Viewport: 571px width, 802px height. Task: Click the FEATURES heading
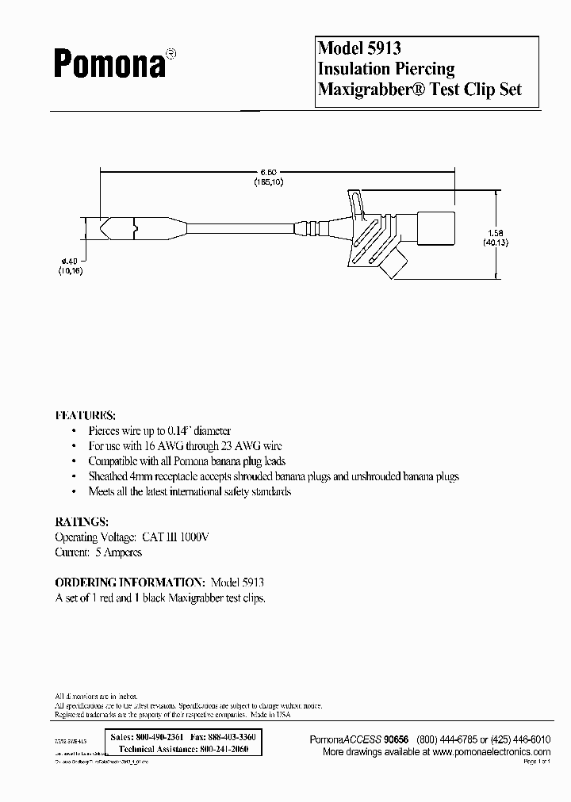(x=85, y=414)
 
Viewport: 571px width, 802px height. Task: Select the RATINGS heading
(x=81, y=522)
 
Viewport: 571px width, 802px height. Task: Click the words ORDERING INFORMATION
(x=130, y=582)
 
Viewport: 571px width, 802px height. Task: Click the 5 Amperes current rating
(x=118, y=552)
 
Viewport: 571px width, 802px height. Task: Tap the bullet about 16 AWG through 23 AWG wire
(x=185, y=446)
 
